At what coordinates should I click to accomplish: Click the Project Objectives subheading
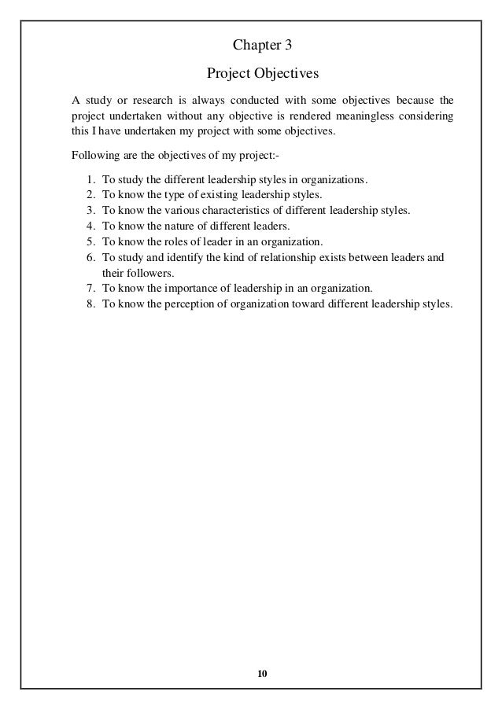tap(251, 73)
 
